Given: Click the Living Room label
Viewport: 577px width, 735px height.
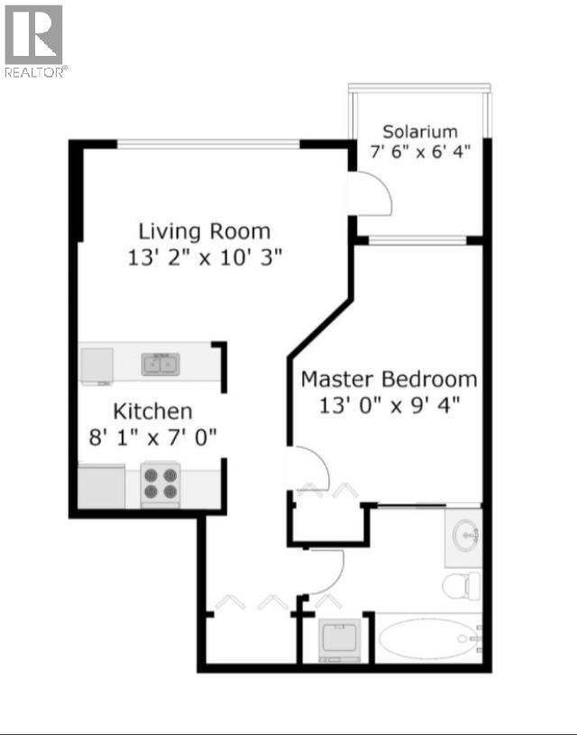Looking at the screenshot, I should (204, 231).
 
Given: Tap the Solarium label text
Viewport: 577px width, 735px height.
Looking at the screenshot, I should (419, 132).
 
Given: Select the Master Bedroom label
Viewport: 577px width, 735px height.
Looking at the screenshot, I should (389, 379).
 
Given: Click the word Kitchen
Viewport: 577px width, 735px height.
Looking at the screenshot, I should (152, 412).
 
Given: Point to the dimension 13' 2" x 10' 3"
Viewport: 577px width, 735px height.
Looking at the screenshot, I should (206, 258).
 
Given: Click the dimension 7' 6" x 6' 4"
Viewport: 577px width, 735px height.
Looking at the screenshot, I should (420, 152).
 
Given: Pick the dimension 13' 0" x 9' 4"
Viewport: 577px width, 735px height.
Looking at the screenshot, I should (389, 405).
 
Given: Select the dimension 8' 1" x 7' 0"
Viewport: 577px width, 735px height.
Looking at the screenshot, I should (153, 438).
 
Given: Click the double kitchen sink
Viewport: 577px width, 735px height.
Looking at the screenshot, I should (159, 364).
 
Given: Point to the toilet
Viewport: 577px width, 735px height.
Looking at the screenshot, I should (461, 585).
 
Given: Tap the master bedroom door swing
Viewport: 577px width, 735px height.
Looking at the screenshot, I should (307, 468).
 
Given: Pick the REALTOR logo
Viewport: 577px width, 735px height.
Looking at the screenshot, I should (34, 41).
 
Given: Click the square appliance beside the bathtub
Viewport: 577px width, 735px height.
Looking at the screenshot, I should (342, 639).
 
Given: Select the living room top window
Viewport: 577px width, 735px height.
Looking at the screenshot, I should (209, 143).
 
